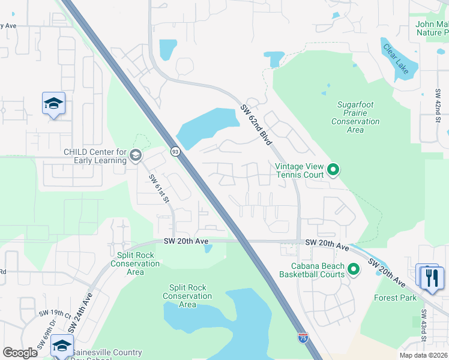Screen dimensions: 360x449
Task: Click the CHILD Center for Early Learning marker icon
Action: pyautogui.click(x=136, y=156)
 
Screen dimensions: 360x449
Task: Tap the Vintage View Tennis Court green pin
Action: pyautogui.click(x=333, y=170)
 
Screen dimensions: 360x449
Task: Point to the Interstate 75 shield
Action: pyautogui.click(x=304, y=338)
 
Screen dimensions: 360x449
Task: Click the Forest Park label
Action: pyautogui.click(x=395, y=298)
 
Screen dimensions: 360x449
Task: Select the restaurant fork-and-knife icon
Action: pyautogui.click(x=432, y=278)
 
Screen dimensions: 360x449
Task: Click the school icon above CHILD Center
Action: pyautogui.click(x=53, y=104)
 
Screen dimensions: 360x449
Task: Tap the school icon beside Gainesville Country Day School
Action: pyautogui.click(x=62, y=346)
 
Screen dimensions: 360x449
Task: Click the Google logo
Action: pyautogui.click(x=20, y=353)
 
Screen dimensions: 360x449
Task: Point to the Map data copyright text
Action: pyautogui.click(x=423, y=355)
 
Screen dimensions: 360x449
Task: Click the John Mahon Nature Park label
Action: pyautogui.click(x=431, y=28)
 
